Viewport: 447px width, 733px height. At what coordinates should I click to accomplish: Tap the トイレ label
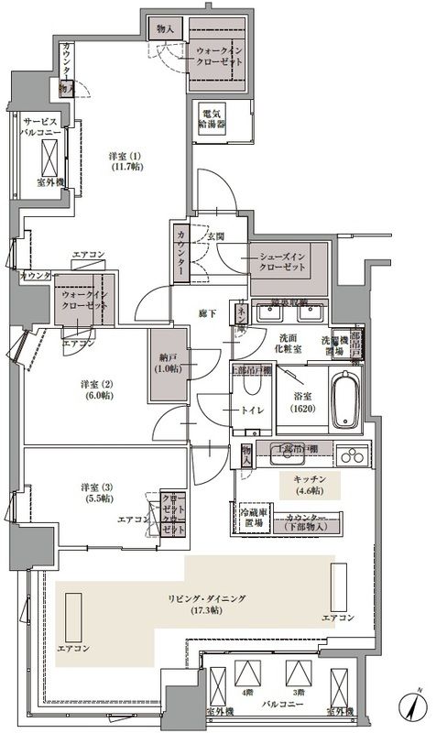(x=254, y=410)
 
